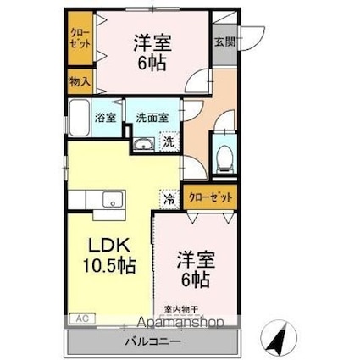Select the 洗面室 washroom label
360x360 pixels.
[153, 119]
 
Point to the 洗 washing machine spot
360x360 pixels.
[169, 141]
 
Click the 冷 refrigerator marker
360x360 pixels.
[169, 200]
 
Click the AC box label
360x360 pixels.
[82, 318]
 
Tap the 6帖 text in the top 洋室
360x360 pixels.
[153, 65]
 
